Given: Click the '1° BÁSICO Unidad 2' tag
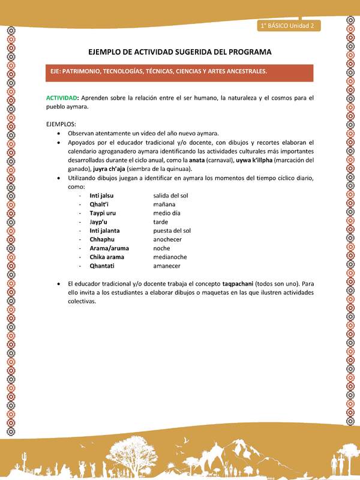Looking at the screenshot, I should tap(288, 25).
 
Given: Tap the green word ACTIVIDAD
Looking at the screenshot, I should tap(61, 98).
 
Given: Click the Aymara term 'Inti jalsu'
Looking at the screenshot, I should tap(101, 196).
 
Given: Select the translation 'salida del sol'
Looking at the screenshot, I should tap(171, 196).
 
